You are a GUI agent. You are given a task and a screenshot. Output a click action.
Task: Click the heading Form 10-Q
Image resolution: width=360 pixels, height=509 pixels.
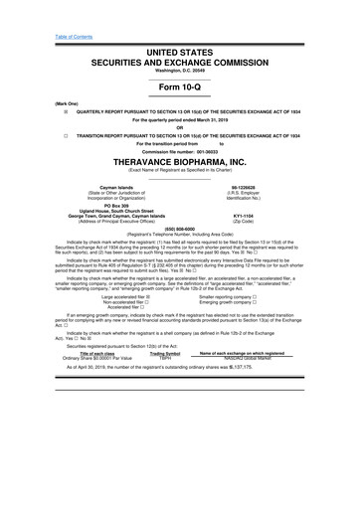click(179, 85)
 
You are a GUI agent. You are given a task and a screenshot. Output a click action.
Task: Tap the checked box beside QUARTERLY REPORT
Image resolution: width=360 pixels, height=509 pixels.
click(36, 112)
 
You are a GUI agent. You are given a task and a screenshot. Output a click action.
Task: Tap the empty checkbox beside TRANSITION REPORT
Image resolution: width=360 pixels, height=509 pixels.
click(36, 140)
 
